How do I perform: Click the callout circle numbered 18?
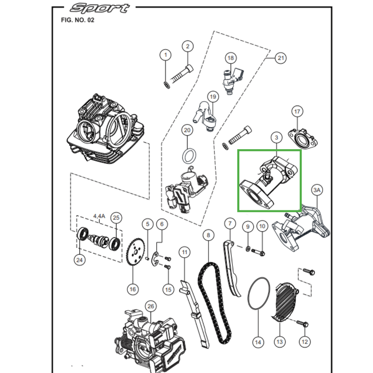(x=230, y=58)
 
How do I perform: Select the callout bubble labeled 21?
(x=280, y=58)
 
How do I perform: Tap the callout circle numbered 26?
(x=150, y=306)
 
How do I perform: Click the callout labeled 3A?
(x=317, y=190)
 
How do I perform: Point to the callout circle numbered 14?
(x=258, y=342)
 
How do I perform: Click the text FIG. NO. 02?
(x=77, y=21)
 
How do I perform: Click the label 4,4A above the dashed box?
(x=100, y=216)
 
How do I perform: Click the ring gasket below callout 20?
(x=187, y=154)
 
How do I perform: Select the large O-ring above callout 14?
(x=258, y=294)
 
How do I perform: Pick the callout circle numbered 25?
(x=117, y=218)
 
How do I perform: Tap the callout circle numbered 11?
(x=185, y=253)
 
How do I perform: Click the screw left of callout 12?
(x=302, y=323)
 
